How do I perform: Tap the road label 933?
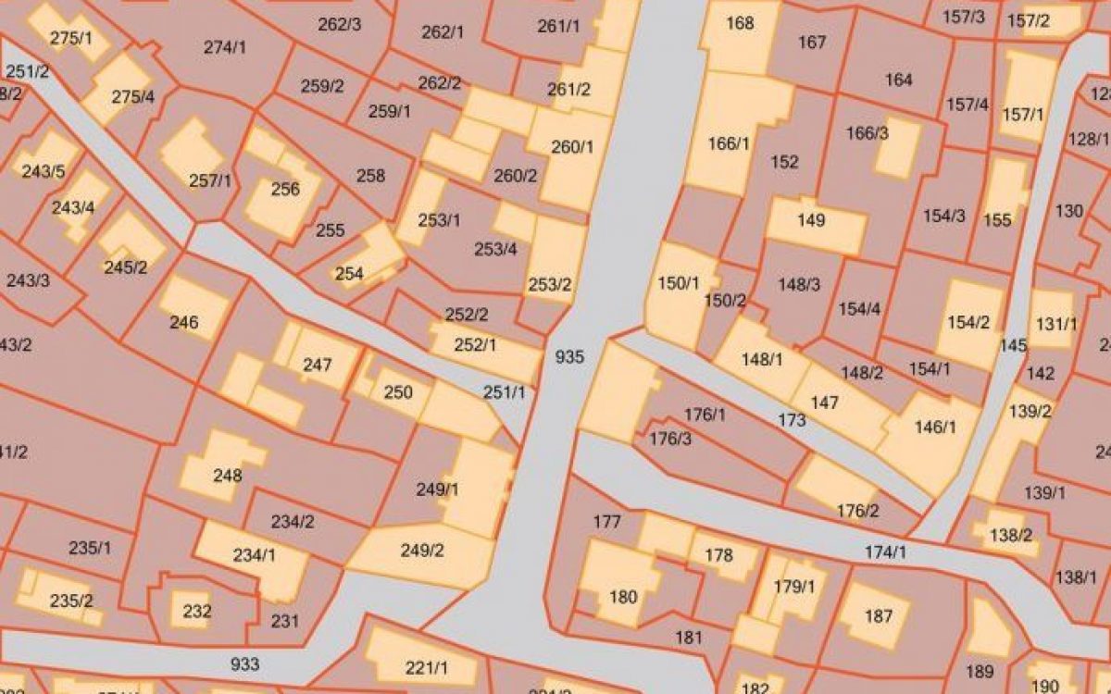[244, 663]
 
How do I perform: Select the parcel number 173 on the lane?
[792, 420]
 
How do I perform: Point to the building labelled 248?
[227, 476]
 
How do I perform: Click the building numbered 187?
[878, 616]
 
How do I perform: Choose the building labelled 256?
[285, 190]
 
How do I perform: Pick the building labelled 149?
[811, 221]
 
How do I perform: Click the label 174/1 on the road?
[885, 552]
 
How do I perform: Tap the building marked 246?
[184, 322]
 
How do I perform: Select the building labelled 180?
[623, 596]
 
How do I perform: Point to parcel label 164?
[898, 80]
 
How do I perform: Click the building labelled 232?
[197, 612]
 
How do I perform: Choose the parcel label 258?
[370, 176]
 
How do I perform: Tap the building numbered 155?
[998, 219]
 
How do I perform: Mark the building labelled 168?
[740, 23]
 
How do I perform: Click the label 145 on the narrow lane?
[1014, 346]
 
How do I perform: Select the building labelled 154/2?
[968, 322]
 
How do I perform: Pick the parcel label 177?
[606, 523]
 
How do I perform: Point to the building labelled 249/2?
[422, 551]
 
